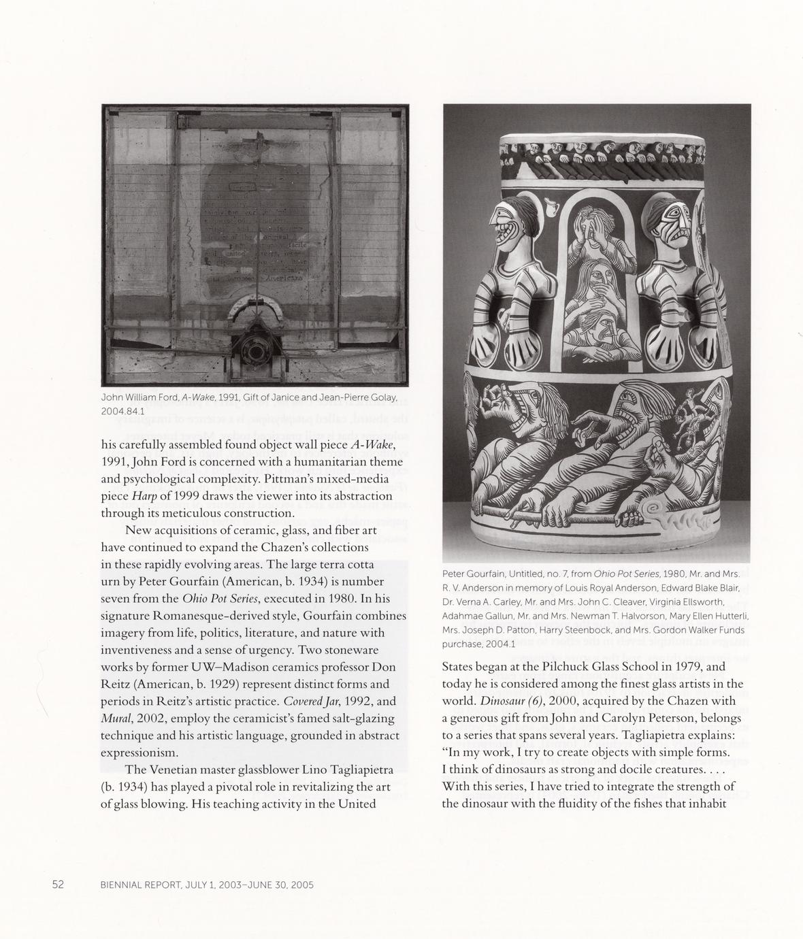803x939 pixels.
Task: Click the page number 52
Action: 58,885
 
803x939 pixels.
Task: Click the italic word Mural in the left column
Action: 116,719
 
